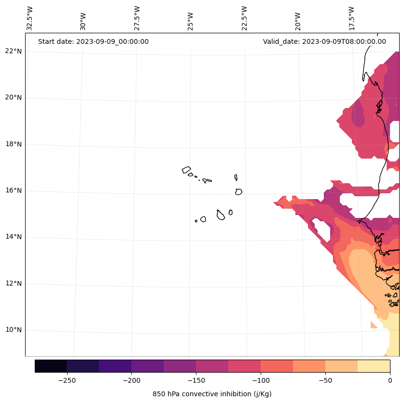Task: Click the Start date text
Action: pos(93,41)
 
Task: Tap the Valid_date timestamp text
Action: pos(324,41)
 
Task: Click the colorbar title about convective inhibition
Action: pos(212,394)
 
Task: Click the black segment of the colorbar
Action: pos(51,366)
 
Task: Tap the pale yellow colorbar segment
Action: pos(374,366)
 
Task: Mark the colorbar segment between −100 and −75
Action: pos(277,366)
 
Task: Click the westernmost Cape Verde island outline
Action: pos(186,170)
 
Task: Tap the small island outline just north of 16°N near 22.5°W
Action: pos(236,177)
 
